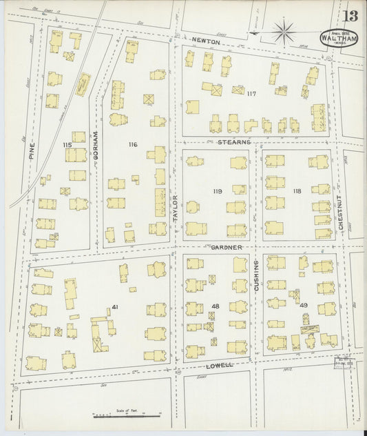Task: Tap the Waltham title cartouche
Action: tap(339, 36)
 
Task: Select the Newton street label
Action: tap(206, 42)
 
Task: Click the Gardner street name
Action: tap(227, 247)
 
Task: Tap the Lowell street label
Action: tap(219, 364)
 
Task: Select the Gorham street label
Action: tap(96, 146)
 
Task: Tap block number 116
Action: tap(133, 144)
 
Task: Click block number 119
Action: tap(218, 190)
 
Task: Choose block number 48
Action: tap(216, 306)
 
